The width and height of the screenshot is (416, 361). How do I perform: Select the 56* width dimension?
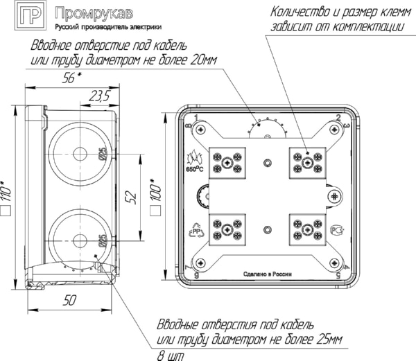[69, 78]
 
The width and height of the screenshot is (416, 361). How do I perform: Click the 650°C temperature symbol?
[193, 161]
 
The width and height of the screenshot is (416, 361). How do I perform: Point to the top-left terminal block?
[229, 161]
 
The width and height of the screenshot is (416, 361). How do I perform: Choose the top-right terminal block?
[306, 161]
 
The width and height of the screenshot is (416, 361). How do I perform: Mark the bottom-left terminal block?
[229, 229]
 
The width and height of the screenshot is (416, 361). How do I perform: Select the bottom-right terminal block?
[306, 229]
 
